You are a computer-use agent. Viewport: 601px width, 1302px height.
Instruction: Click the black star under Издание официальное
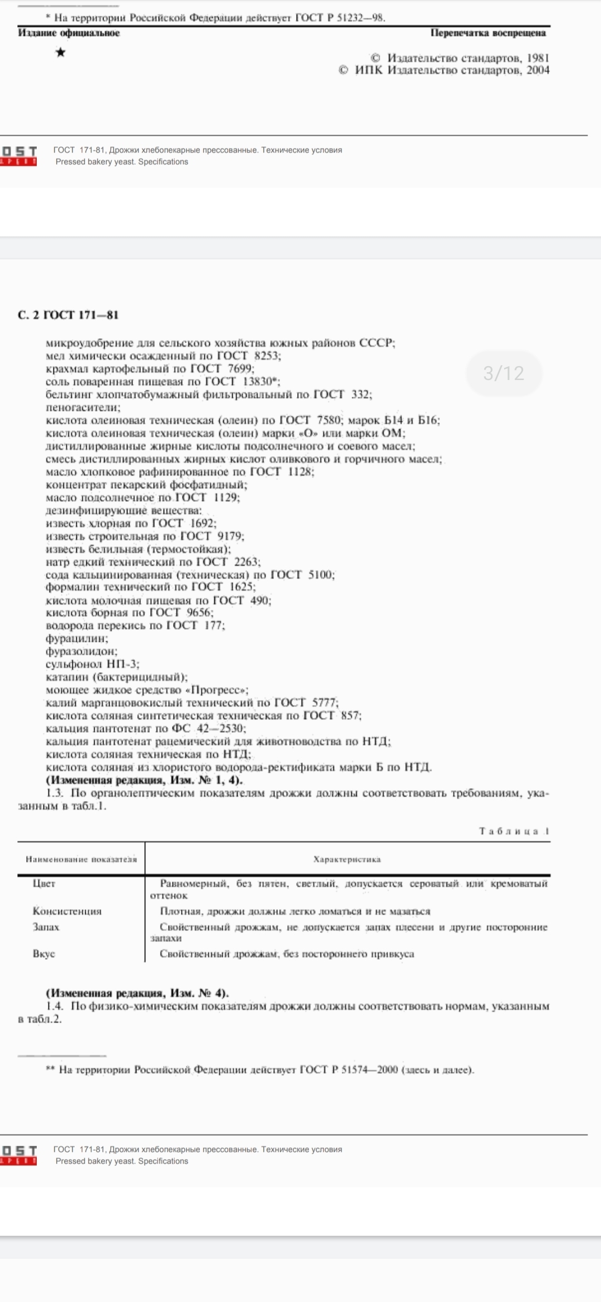point(61,53)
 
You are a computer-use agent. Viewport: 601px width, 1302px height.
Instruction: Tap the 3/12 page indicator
point(504,373)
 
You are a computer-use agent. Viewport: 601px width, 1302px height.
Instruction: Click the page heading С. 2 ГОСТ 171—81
point(68,315)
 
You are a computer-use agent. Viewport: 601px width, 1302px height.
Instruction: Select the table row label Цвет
point(44,884)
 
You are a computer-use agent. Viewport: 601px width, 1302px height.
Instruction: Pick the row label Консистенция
point(67,911)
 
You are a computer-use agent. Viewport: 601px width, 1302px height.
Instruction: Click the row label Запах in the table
point(46,927)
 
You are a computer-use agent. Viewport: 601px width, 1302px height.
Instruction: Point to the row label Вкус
point(44,954)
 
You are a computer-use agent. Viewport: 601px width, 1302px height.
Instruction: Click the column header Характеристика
point(347,859)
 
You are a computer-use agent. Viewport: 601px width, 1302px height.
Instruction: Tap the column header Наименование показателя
point(81,859)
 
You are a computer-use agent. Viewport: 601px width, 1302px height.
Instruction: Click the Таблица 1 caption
point(514,831)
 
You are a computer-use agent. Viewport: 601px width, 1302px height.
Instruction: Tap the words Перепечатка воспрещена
point(488,33)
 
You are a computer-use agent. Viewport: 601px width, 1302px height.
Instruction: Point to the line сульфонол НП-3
point(92,664)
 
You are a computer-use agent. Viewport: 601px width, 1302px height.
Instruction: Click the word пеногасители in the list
point(82,407)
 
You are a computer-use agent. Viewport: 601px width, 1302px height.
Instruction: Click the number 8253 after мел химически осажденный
point(267,356)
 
